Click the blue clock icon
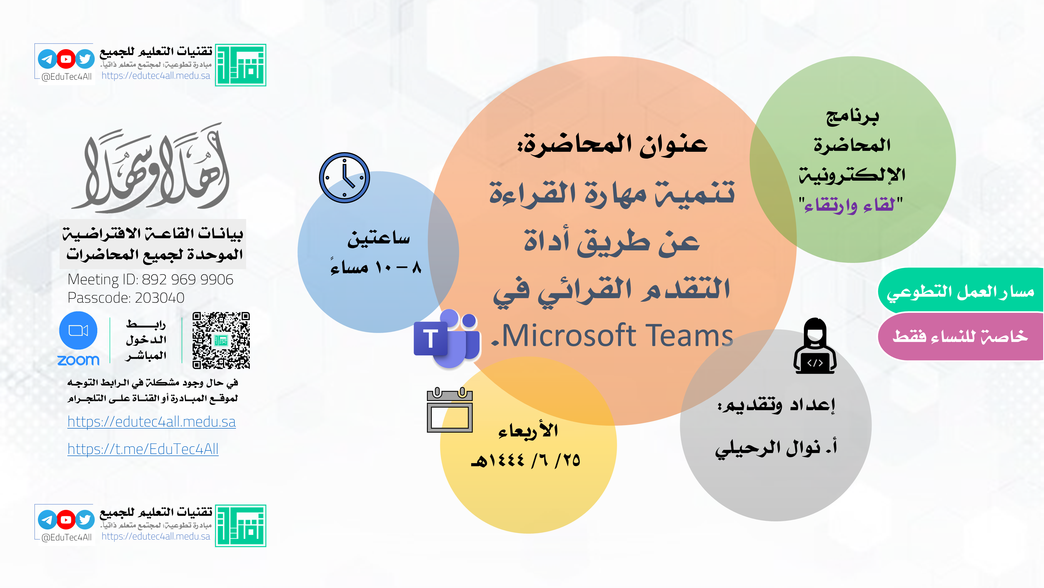[345, 178]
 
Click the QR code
[221, 340]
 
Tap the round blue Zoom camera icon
[78, 330]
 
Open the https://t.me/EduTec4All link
[143, 449]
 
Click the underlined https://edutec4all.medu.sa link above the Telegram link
[152, 422]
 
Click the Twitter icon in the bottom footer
[85, 520]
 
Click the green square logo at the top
[240, 65]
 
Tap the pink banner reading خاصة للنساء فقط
[960, 336]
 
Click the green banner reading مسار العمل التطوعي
[960, 291]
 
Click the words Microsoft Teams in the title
[617, 336]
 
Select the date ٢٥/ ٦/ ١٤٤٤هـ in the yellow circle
[526, 460]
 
